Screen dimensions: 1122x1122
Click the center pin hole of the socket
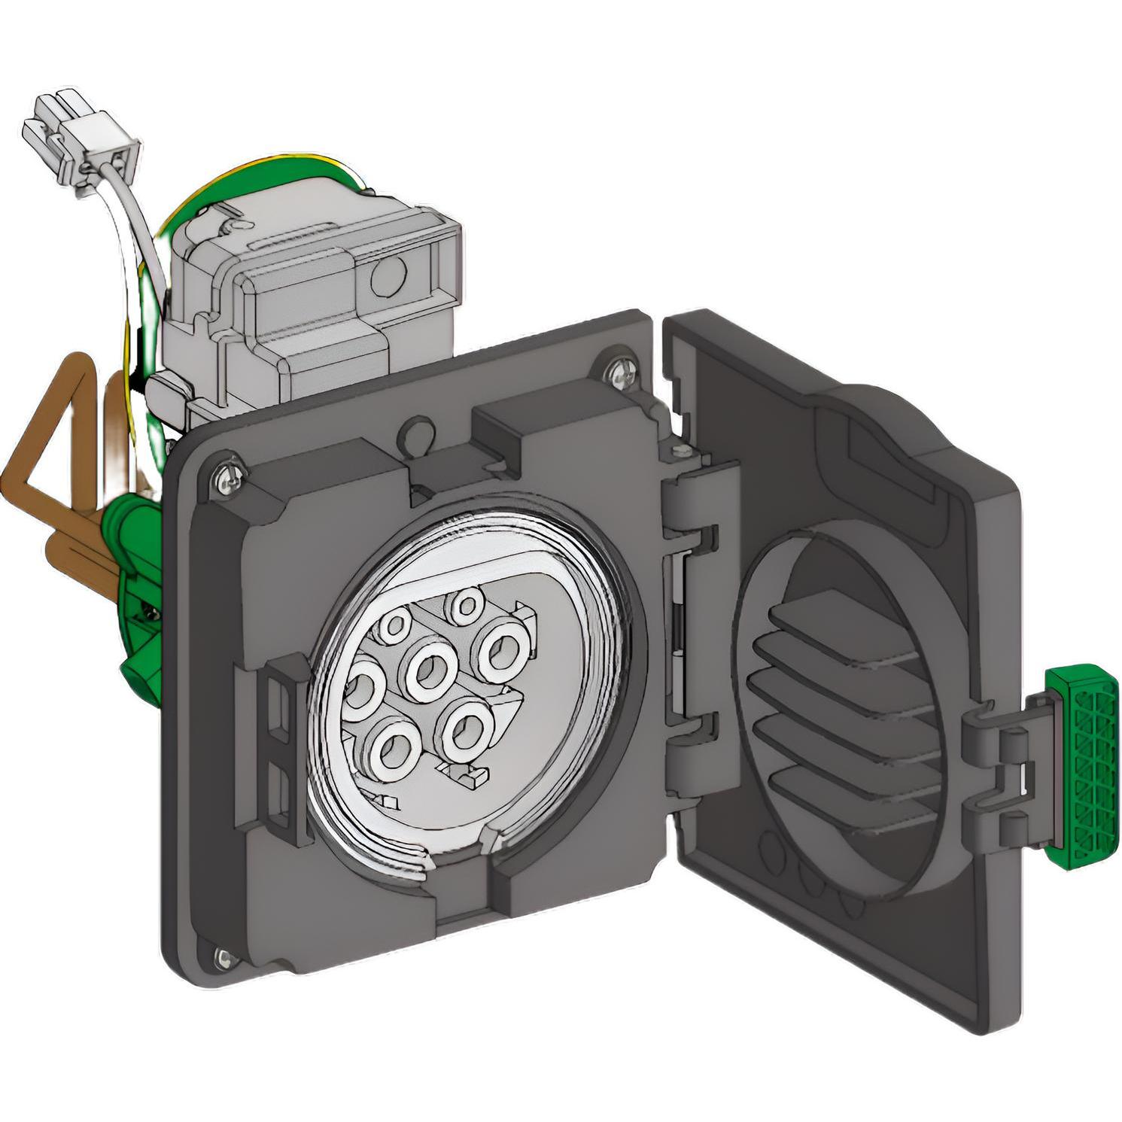431,668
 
